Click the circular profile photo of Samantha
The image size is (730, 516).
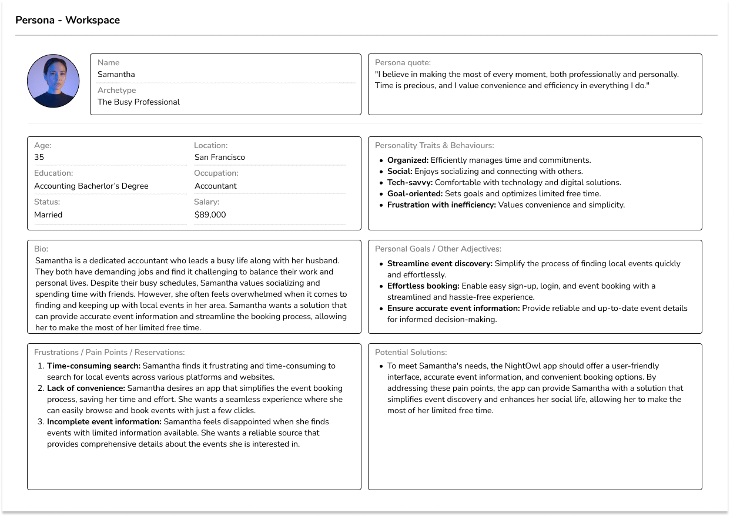[x=53, y=81]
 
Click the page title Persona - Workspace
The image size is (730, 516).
[x=68, y=20]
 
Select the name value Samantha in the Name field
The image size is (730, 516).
[x=116, y=75]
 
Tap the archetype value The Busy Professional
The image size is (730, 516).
[x=139, y=102]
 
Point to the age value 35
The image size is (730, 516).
[x=39, y=158]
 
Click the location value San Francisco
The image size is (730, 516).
[x=220, y=158]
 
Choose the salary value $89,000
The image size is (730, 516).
[x=210, y=215]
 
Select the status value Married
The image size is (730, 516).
[x=48, y=215]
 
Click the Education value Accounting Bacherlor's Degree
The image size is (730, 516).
[x=91, y=186]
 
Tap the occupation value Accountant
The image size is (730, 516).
[x=216, y=186]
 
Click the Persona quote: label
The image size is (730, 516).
[x=403, y=62]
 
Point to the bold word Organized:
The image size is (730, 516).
[x=408, y=160]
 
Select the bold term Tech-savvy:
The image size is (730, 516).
[x=410, y=183]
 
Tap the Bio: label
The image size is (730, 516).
[x=41, y=249]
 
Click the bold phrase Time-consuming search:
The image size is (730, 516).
[x=93, y=366]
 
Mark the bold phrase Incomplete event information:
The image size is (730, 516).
[x=104, y=421]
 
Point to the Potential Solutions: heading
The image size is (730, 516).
[x=411, y=353]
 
